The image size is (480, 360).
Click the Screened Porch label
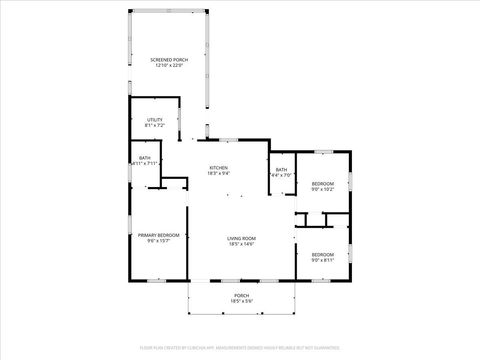pos(169,60)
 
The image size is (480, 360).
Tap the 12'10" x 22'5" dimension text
pos(169,66)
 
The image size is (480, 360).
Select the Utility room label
pos(154,119)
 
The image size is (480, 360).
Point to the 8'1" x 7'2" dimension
pos(154,125)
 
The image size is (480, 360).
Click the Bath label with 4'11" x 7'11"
pos(145,157)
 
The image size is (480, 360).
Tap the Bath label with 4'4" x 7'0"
pos(281,169)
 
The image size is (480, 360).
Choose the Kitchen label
pos(218,167)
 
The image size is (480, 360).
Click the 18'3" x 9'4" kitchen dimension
pos(218,173)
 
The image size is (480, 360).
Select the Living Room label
pos(241,237)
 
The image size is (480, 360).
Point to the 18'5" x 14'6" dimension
pos(241,243)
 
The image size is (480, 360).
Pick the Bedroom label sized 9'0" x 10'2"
pos(322,183)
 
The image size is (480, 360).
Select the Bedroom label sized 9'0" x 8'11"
pos(322,254)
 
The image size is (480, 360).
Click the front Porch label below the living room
pos(241,295)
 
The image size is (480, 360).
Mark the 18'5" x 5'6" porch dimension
pos(241,301)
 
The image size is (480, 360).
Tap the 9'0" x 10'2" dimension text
pos(322,189)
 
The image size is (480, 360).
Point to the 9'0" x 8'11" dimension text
pos(322,260)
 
